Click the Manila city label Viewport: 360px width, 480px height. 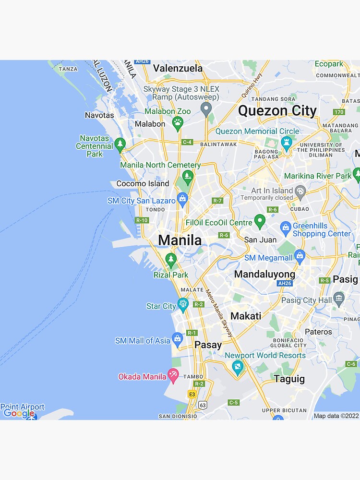[180, 240]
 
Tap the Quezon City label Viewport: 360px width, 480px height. [277, 111]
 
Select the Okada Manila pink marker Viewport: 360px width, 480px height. [173, 375]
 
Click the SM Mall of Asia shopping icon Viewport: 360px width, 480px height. [177, 340]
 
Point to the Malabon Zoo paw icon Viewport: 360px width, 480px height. [178, 123]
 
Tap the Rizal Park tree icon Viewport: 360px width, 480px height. [171, 260]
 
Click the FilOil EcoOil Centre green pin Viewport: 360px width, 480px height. [260, 221]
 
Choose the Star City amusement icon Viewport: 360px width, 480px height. [182, 304]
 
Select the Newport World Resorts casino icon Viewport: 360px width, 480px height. [237, 368]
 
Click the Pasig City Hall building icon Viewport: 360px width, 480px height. [339, 299]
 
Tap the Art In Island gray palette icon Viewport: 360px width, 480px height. [300, 192]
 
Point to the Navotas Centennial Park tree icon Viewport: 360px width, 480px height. [120, 143]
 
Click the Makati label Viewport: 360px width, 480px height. [246, 316]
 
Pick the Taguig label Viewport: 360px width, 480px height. [289, 379]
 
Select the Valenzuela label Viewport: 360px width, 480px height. [178, 68]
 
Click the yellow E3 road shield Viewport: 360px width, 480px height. [192, 394]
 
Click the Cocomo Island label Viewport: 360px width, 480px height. [143, 183]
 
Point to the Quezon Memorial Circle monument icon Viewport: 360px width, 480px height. [287, 142]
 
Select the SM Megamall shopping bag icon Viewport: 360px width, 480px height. [300, 255]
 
